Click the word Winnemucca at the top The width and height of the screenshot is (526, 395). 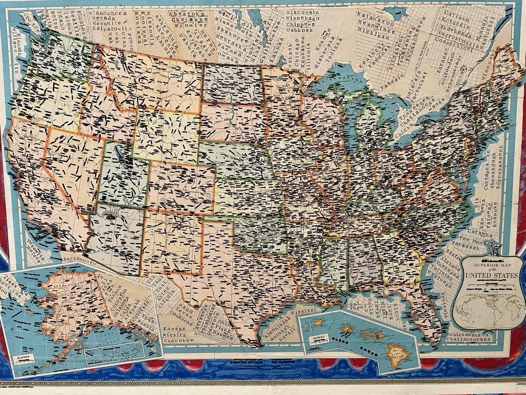click(107, 14)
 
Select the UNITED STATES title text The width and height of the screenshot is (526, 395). click(491, 275)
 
